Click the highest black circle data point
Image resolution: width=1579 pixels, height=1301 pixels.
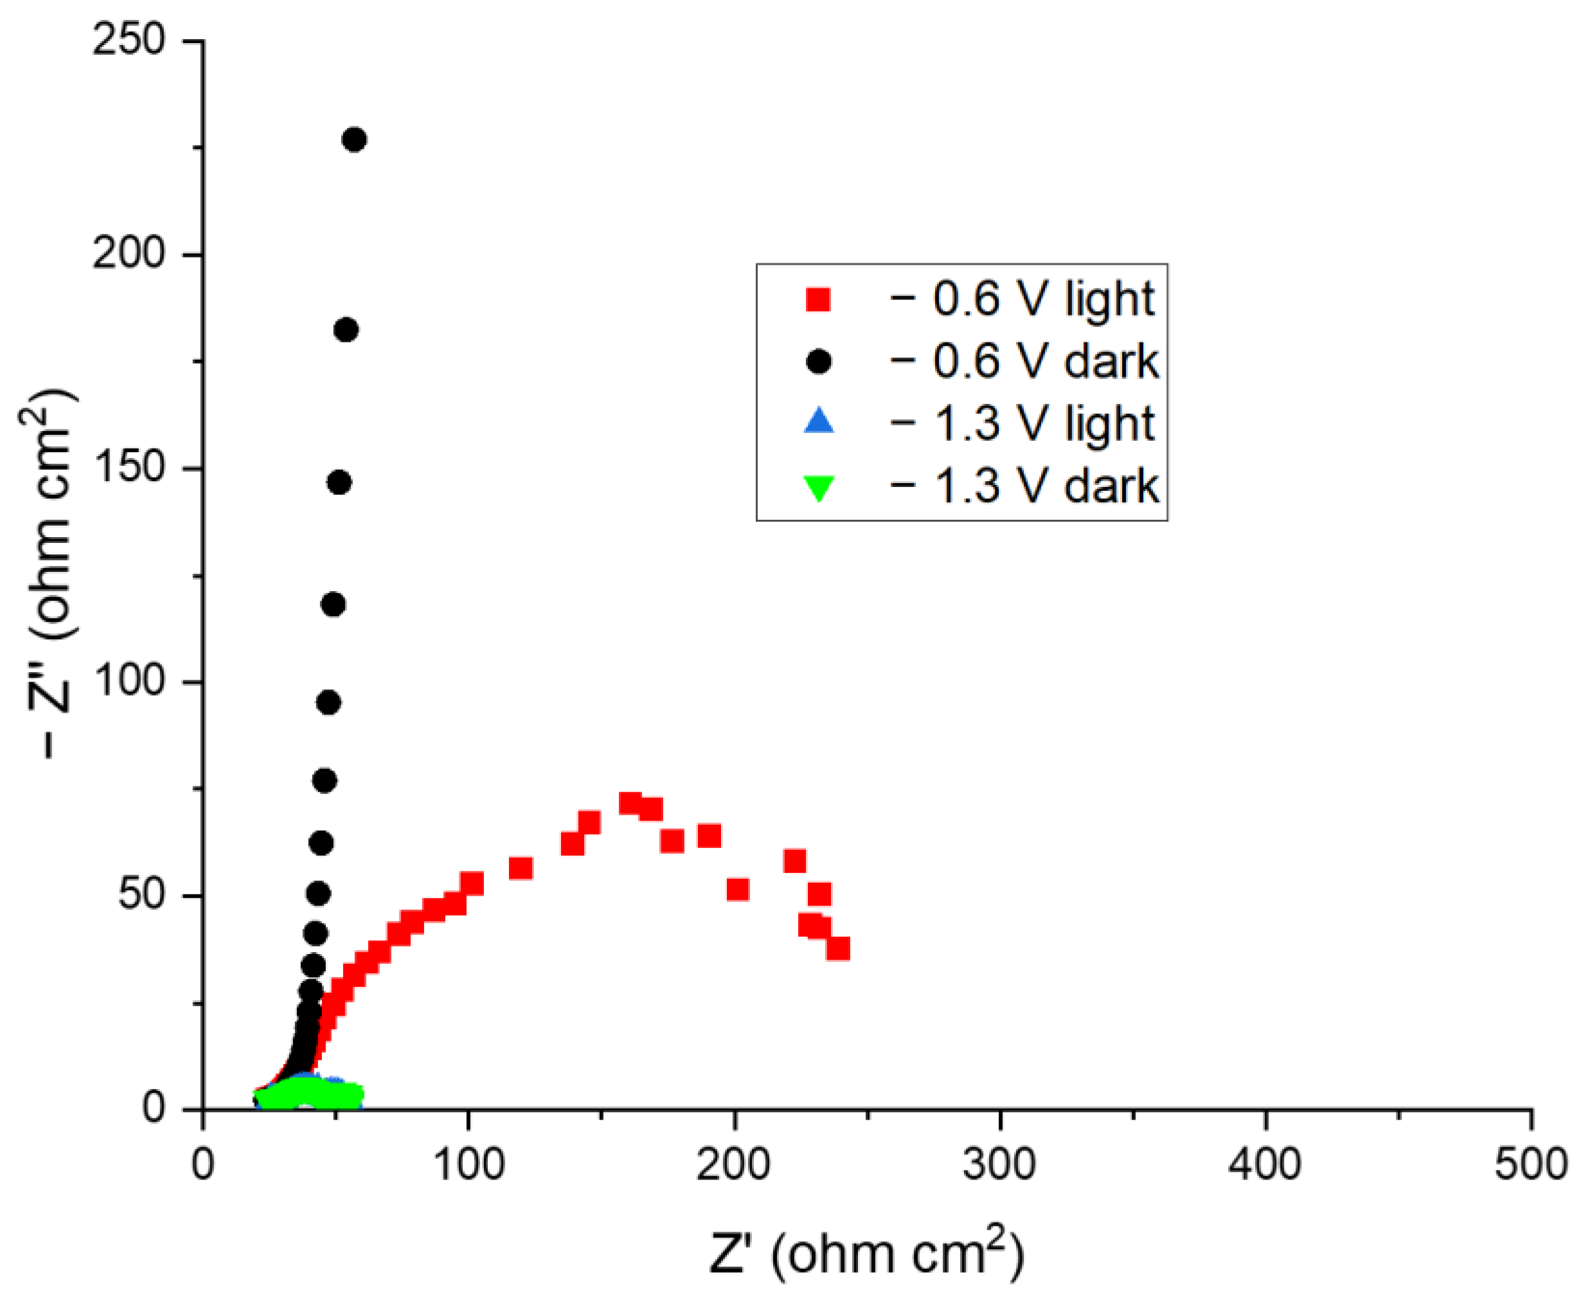pos(354,140)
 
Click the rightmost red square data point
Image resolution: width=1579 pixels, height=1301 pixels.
pos(838,949)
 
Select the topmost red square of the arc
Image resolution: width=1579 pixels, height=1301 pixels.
pos(630,803)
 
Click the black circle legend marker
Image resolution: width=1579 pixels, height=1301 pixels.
pos(818,362)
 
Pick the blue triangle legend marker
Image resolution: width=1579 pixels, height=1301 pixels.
pos(818,422)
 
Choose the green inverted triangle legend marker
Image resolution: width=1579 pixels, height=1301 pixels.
pos(818,488)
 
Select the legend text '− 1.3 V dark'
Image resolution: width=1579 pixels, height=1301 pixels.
pos(1024,486)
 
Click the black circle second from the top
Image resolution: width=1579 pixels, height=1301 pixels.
pos(346,330)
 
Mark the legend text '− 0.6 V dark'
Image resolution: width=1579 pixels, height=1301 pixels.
pos(1024,362)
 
